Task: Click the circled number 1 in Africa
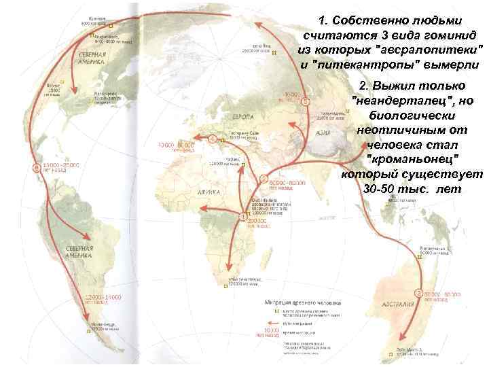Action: click(x=242, y=216)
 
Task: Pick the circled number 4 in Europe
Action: click(x=212, y=139)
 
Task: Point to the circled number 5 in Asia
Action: click(x=305, y=101)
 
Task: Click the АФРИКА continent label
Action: click(x=210, y=192)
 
